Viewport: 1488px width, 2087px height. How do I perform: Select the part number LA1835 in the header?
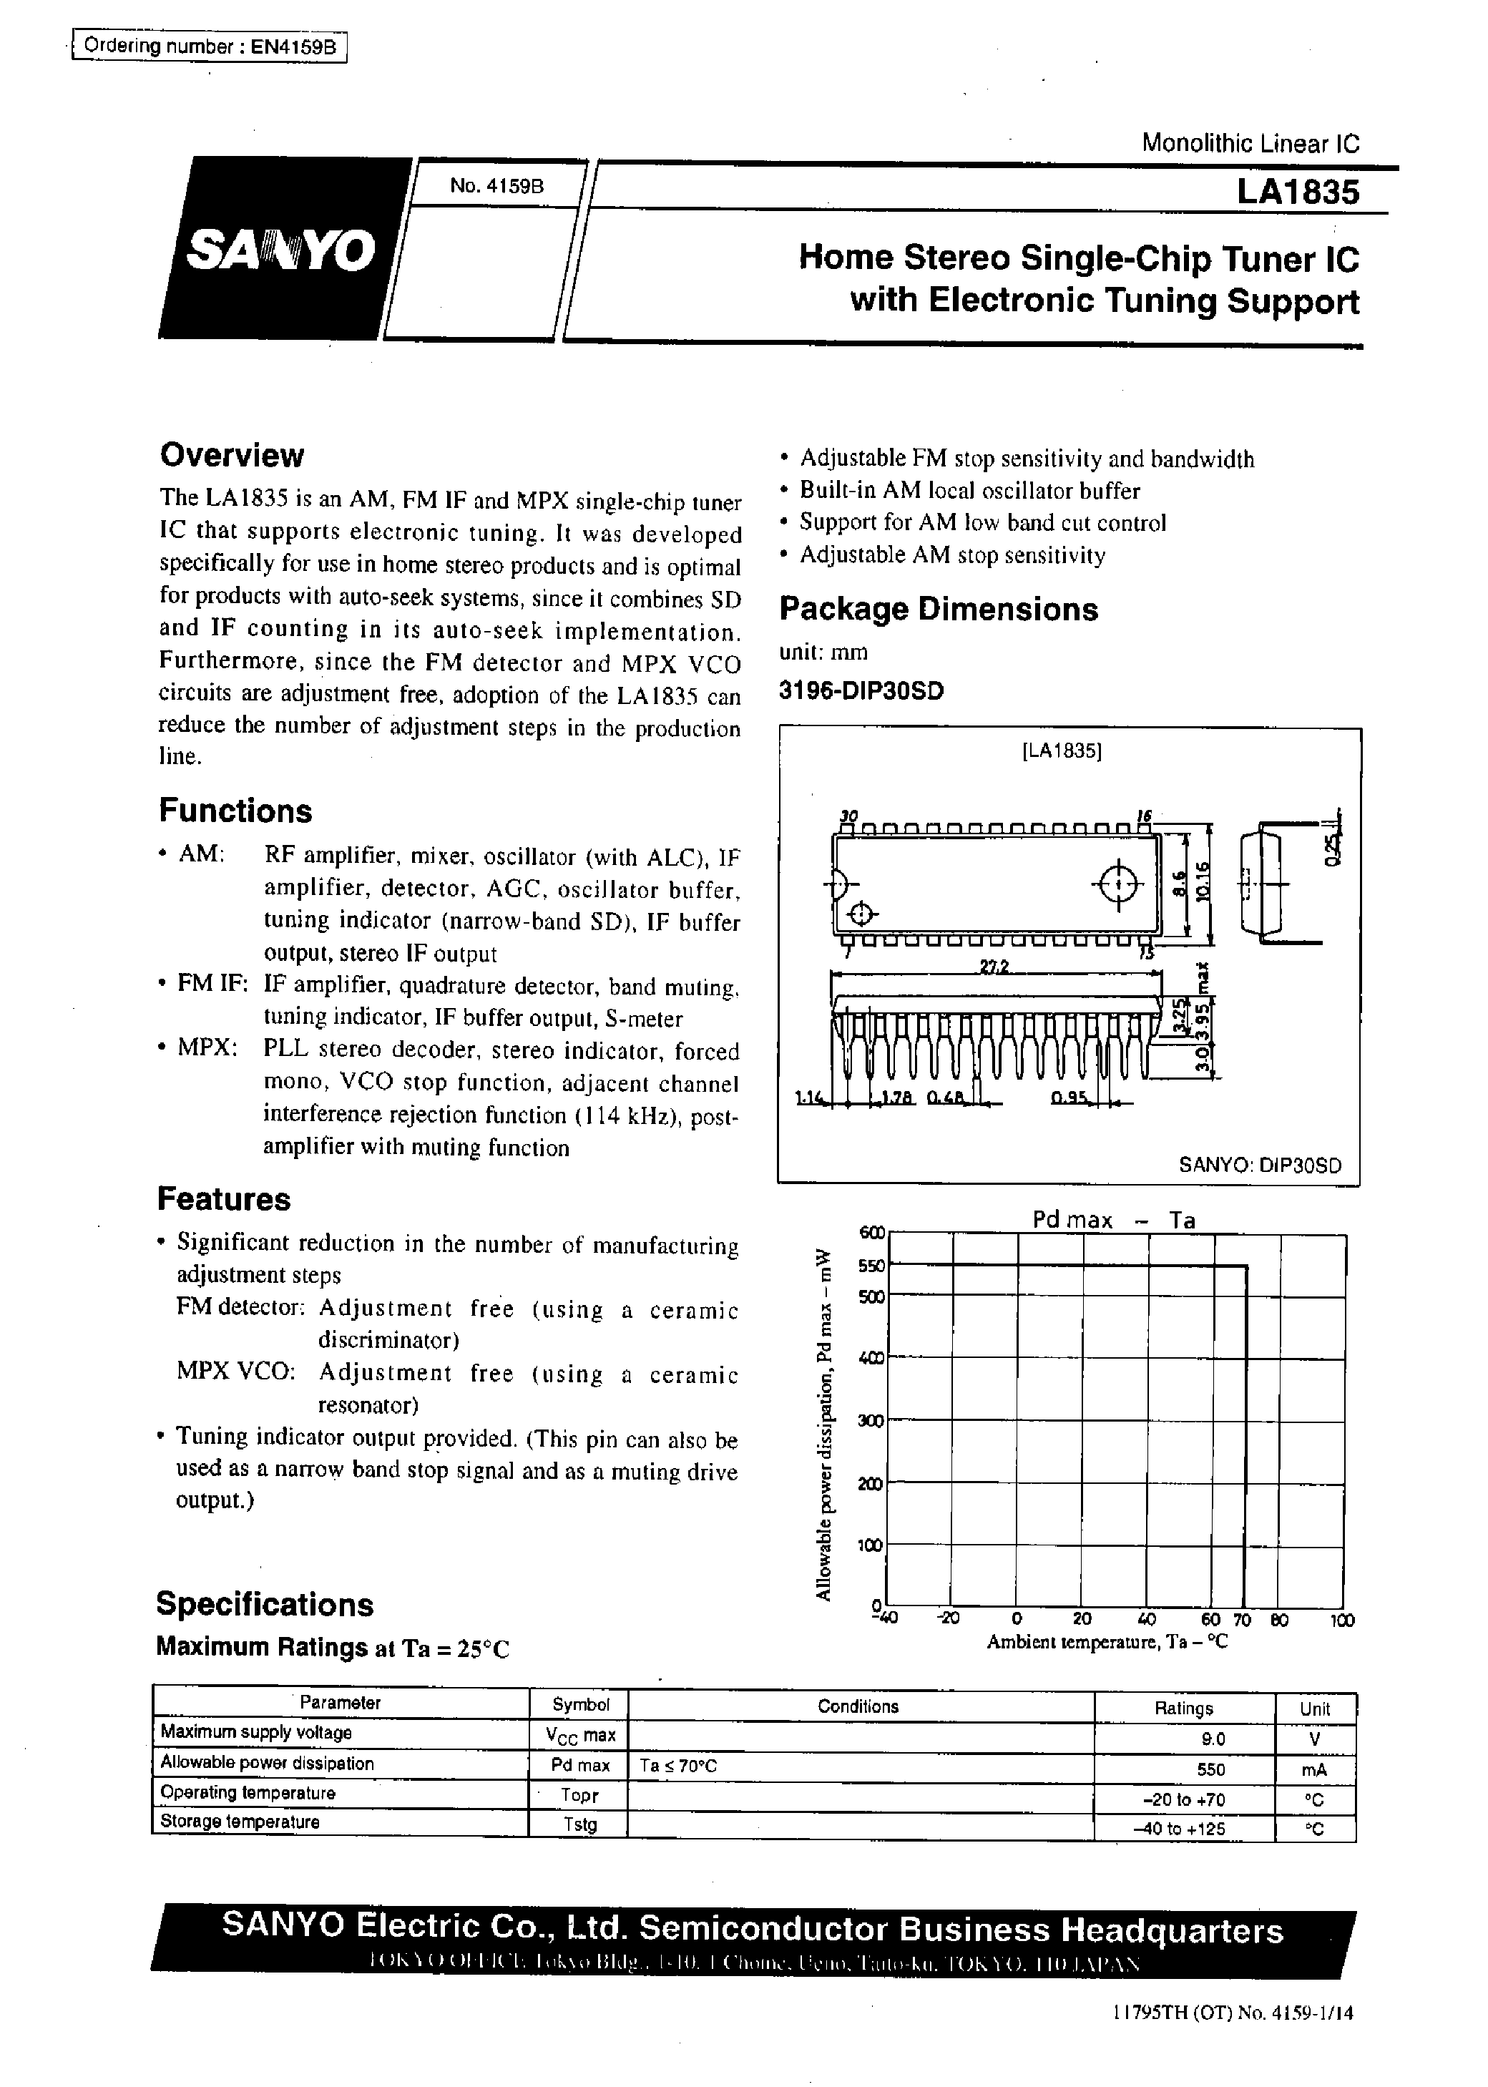click(1298, 193)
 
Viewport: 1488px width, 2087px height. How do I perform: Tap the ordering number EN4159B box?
click(210, 47)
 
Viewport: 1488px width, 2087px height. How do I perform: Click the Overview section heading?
click(231, 455)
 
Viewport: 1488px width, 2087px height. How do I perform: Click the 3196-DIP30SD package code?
click(861, 691)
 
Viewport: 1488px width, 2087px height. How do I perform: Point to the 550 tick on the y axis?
click(871, 1266)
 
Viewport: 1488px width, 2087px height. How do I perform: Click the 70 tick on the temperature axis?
click(1241, 1620)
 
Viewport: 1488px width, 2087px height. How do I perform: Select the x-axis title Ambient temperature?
click(1106, 1643)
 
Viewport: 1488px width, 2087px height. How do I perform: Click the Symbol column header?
click(580, 1705)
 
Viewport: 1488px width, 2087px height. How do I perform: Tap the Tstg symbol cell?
click(580, 1824)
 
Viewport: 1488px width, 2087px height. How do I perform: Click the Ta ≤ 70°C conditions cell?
click(678, 1766)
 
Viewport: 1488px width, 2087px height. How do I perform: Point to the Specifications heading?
click(265, 1604)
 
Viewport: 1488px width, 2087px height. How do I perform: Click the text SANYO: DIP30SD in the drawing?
click(1259, 1165)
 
